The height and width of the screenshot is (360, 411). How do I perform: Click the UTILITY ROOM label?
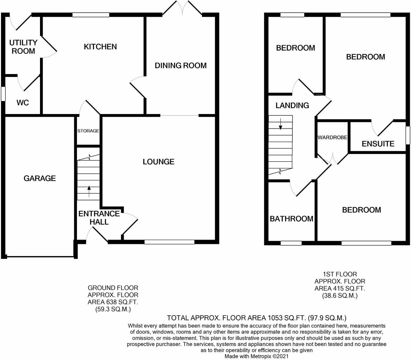[23, 47]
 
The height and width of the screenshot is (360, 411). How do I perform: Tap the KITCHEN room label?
[100, 47]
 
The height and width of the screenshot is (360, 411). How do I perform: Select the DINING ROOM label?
[180, 66]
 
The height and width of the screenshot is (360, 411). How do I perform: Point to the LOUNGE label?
[158, 162]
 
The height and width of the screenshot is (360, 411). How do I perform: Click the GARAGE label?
[39, 178]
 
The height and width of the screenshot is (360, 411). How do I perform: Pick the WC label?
[23, 103]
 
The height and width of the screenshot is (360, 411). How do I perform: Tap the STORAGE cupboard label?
[88, 131]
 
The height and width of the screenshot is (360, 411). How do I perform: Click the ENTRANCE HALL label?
[99, 218]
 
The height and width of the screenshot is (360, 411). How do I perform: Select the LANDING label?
[292, 105]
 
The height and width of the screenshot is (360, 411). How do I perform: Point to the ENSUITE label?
[378, 144]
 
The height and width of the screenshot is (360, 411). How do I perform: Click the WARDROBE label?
[332, 137]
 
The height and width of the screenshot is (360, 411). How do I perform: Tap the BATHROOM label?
[291, 219]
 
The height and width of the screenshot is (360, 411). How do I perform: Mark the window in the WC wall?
[3, 94]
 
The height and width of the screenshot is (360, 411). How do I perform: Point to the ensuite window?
[408, 135]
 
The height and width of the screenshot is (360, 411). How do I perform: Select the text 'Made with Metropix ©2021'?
[256, 356]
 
